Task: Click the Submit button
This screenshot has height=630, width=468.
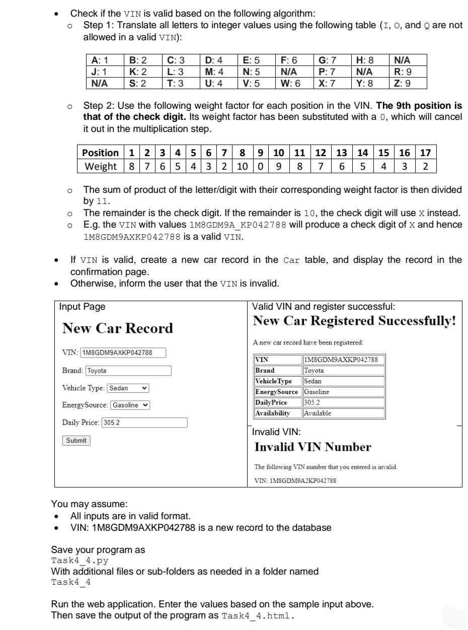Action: coord(76,441)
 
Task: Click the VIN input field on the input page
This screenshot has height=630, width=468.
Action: coord(123,353)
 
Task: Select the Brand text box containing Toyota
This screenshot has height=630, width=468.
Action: coord(128,371)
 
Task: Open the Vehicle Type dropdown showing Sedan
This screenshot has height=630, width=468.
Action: coord(128,388)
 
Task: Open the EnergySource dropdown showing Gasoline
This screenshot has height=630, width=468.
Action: coord(130,405)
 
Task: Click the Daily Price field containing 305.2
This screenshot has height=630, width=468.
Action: coord(144,423)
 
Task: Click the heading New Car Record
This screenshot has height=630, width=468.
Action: coord(117,328)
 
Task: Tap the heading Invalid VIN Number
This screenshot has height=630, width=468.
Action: coord(313,447)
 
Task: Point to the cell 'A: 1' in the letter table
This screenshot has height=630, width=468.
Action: coord(100,60)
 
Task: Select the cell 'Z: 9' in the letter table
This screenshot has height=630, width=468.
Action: coord(403,84)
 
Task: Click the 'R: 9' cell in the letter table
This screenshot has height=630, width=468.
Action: coord(403,72)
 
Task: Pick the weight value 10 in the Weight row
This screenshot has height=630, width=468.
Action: coord(242,166)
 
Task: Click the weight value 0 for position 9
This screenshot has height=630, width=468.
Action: coord(260,166)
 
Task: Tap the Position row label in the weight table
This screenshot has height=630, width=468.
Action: coord(100,153)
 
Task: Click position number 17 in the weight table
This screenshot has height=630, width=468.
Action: coord(425,153)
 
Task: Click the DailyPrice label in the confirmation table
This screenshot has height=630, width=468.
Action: coord(271,402)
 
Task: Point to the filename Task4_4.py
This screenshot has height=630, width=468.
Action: coord(80,561)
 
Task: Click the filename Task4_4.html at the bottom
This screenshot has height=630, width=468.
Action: coord(257,616)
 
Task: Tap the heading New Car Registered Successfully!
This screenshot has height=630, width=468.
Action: coord(354,321)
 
